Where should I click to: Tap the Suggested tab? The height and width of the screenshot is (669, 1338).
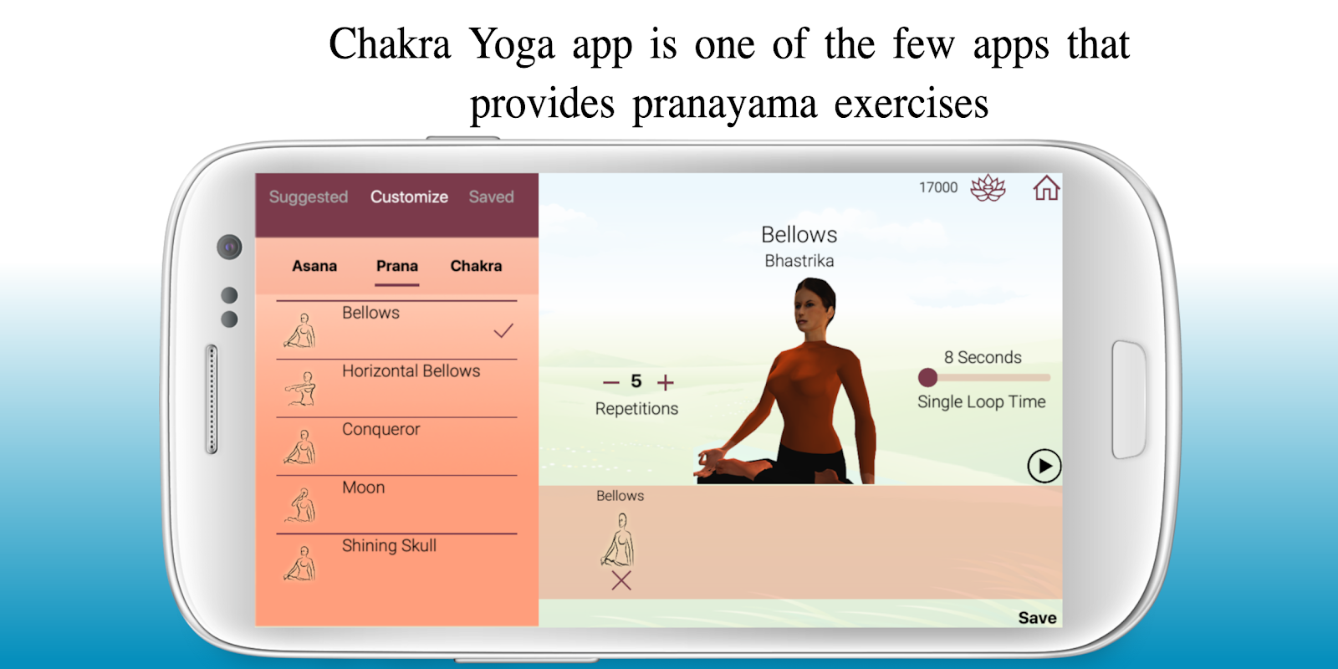(x=309, y=197)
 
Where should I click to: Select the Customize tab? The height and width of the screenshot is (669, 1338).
(x=409, y=197)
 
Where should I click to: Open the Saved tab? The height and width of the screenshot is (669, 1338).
(x=491, y=197)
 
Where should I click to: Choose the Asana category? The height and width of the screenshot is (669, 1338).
(x=314, y=266)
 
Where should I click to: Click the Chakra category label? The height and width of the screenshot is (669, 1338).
(x=476, y=266)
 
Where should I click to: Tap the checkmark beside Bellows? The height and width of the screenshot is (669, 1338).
(x=503, y=330)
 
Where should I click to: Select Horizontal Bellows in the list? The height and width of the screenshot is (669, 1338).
(x=411, y=371)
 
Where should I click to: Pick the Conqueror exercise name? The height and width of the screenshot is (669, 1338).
(x=381, y=430)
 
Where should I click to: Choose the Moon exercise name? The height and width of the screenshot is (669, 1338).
(x=363, y=488)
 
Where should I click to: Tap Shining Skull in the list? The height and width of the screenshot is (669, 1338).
(x=389, y=545)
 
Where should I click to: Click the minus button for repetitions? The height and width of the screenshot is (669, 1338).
(x=611, y=382)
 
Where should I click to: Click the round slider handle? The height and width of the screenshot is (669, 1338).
(x=927, y=377)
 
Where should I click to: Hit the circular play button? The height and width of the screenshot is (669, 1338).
(x=1044, y=466)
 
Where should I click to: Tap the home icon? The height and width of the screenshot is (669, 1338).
(x=1046, y=188)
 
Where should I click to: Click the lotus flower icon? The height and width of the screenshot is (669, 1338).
(x=988, y=188)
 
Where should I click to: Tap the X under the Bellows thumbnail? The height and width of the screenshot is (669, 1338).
(x=621, y=580)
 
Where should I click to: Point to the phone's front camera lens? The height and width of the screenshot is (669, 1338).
(x=229, y=247)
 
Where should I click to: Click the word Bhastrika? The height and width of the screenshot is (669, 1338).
(x=799, y=261)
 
